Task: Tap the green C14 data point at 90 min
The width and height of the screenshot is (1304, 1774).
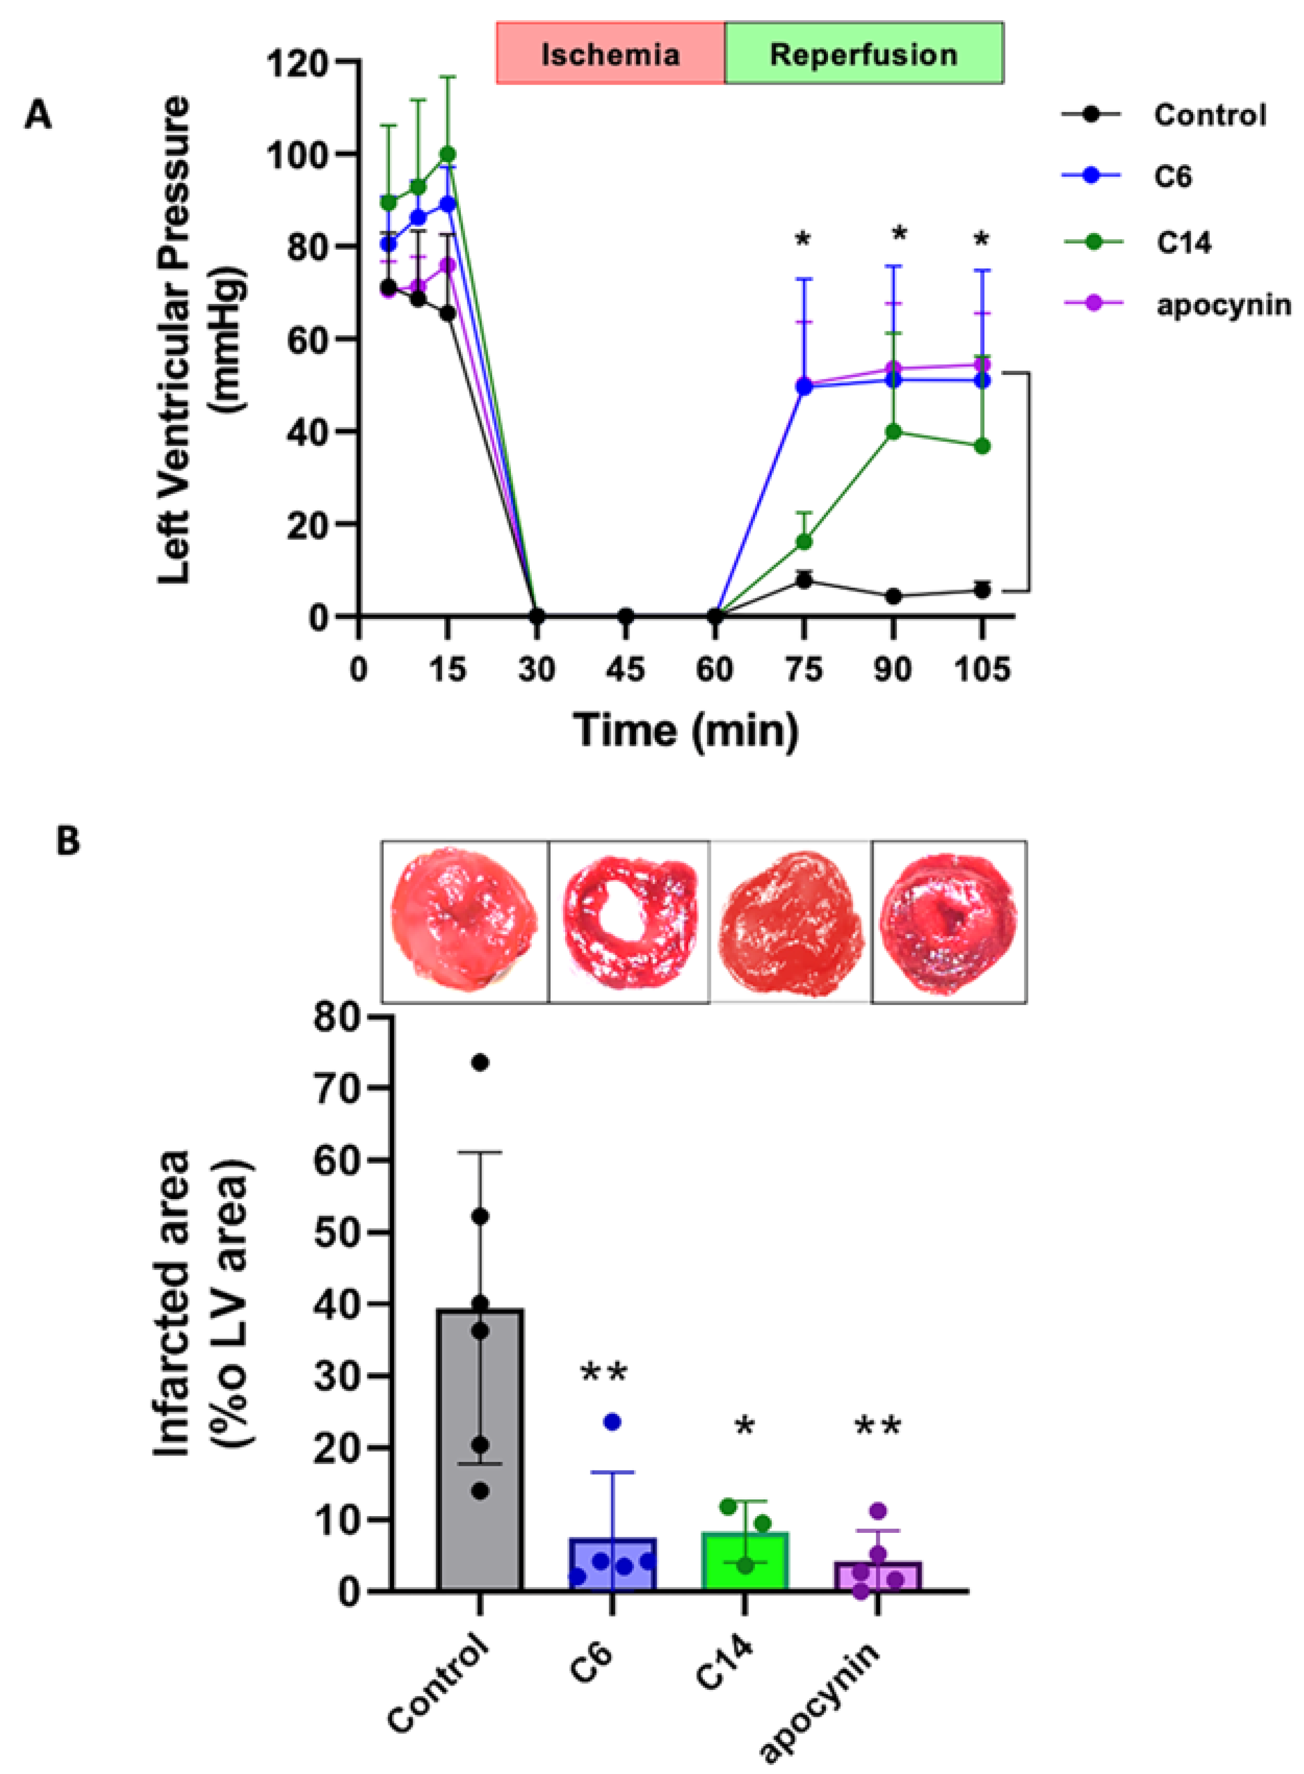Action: click(x=893, y=432)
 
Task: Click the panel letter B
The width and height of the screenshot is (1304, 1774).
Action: click(x=68, y=841)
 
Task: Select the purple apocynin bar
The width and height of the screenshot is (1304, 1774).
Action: click(x=878, y=1576)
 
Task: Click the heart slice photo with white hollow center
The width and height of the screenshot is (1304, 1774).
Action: click(x=629, y=921)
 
